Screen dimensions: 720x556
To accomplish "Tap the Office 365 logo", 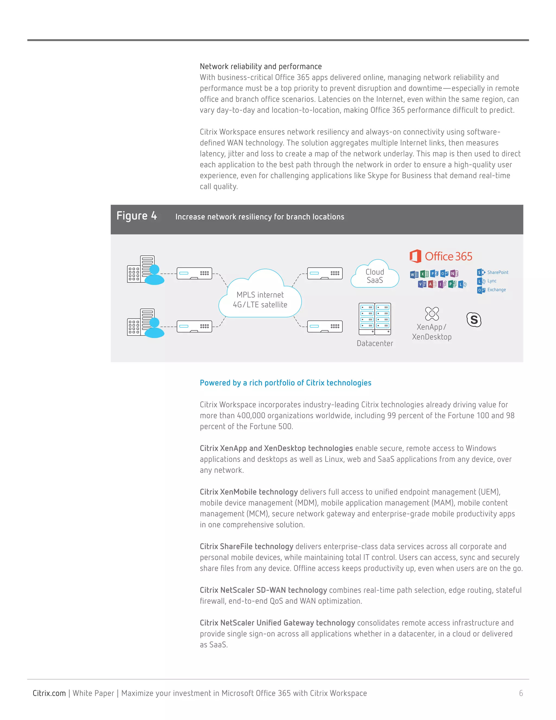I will pos(441,256).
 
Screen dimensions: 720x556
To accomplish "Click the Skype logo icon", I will pos(474,320).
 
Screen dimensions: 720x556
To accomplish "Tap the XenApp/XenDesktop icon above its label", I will pos(432,314).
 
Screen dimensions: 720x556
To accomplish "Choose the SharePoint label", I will pos(497,272).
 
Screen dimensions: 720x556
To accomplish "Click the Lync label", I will pos(491,281).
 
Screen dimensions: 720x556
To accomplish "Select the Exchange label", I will pos(496,290).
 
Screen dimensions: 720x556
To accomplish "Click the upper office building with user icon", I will pos(145,270).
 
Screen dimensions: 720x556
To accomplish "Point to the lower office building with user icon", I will pos(145,323).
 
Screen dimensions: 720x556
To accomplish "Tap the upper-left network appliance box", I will pos(194,273).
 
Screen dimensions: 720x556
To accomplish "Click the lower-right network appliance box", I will pos(325,326).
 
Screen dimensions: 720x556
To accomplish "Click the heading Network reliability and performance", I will pos(261,66).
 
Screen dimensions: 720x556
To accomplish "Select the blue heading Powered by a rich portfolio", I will pos(285,383).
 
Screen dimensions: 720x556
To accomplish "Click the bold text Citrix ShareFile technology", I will pos(247,546).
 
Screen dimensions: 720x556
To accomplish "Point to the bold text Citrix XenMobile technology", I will pos(249,492).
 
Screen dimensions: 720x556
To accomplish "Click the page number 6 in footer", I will pos(521,693).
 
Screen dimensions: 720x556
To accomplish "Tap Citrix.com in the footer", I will pos(49,693).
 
